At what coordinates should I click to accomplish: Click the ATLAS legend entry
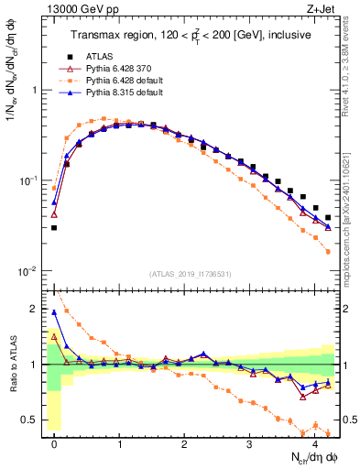pyautogui.click(x=96, y=57)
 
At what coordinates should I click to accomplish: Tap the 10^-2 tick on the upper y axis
pyautogui.click(x=29, y=270)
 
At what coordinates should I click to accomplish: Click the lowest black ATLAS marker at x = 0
pyautogui.click(x=54, y=227)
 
